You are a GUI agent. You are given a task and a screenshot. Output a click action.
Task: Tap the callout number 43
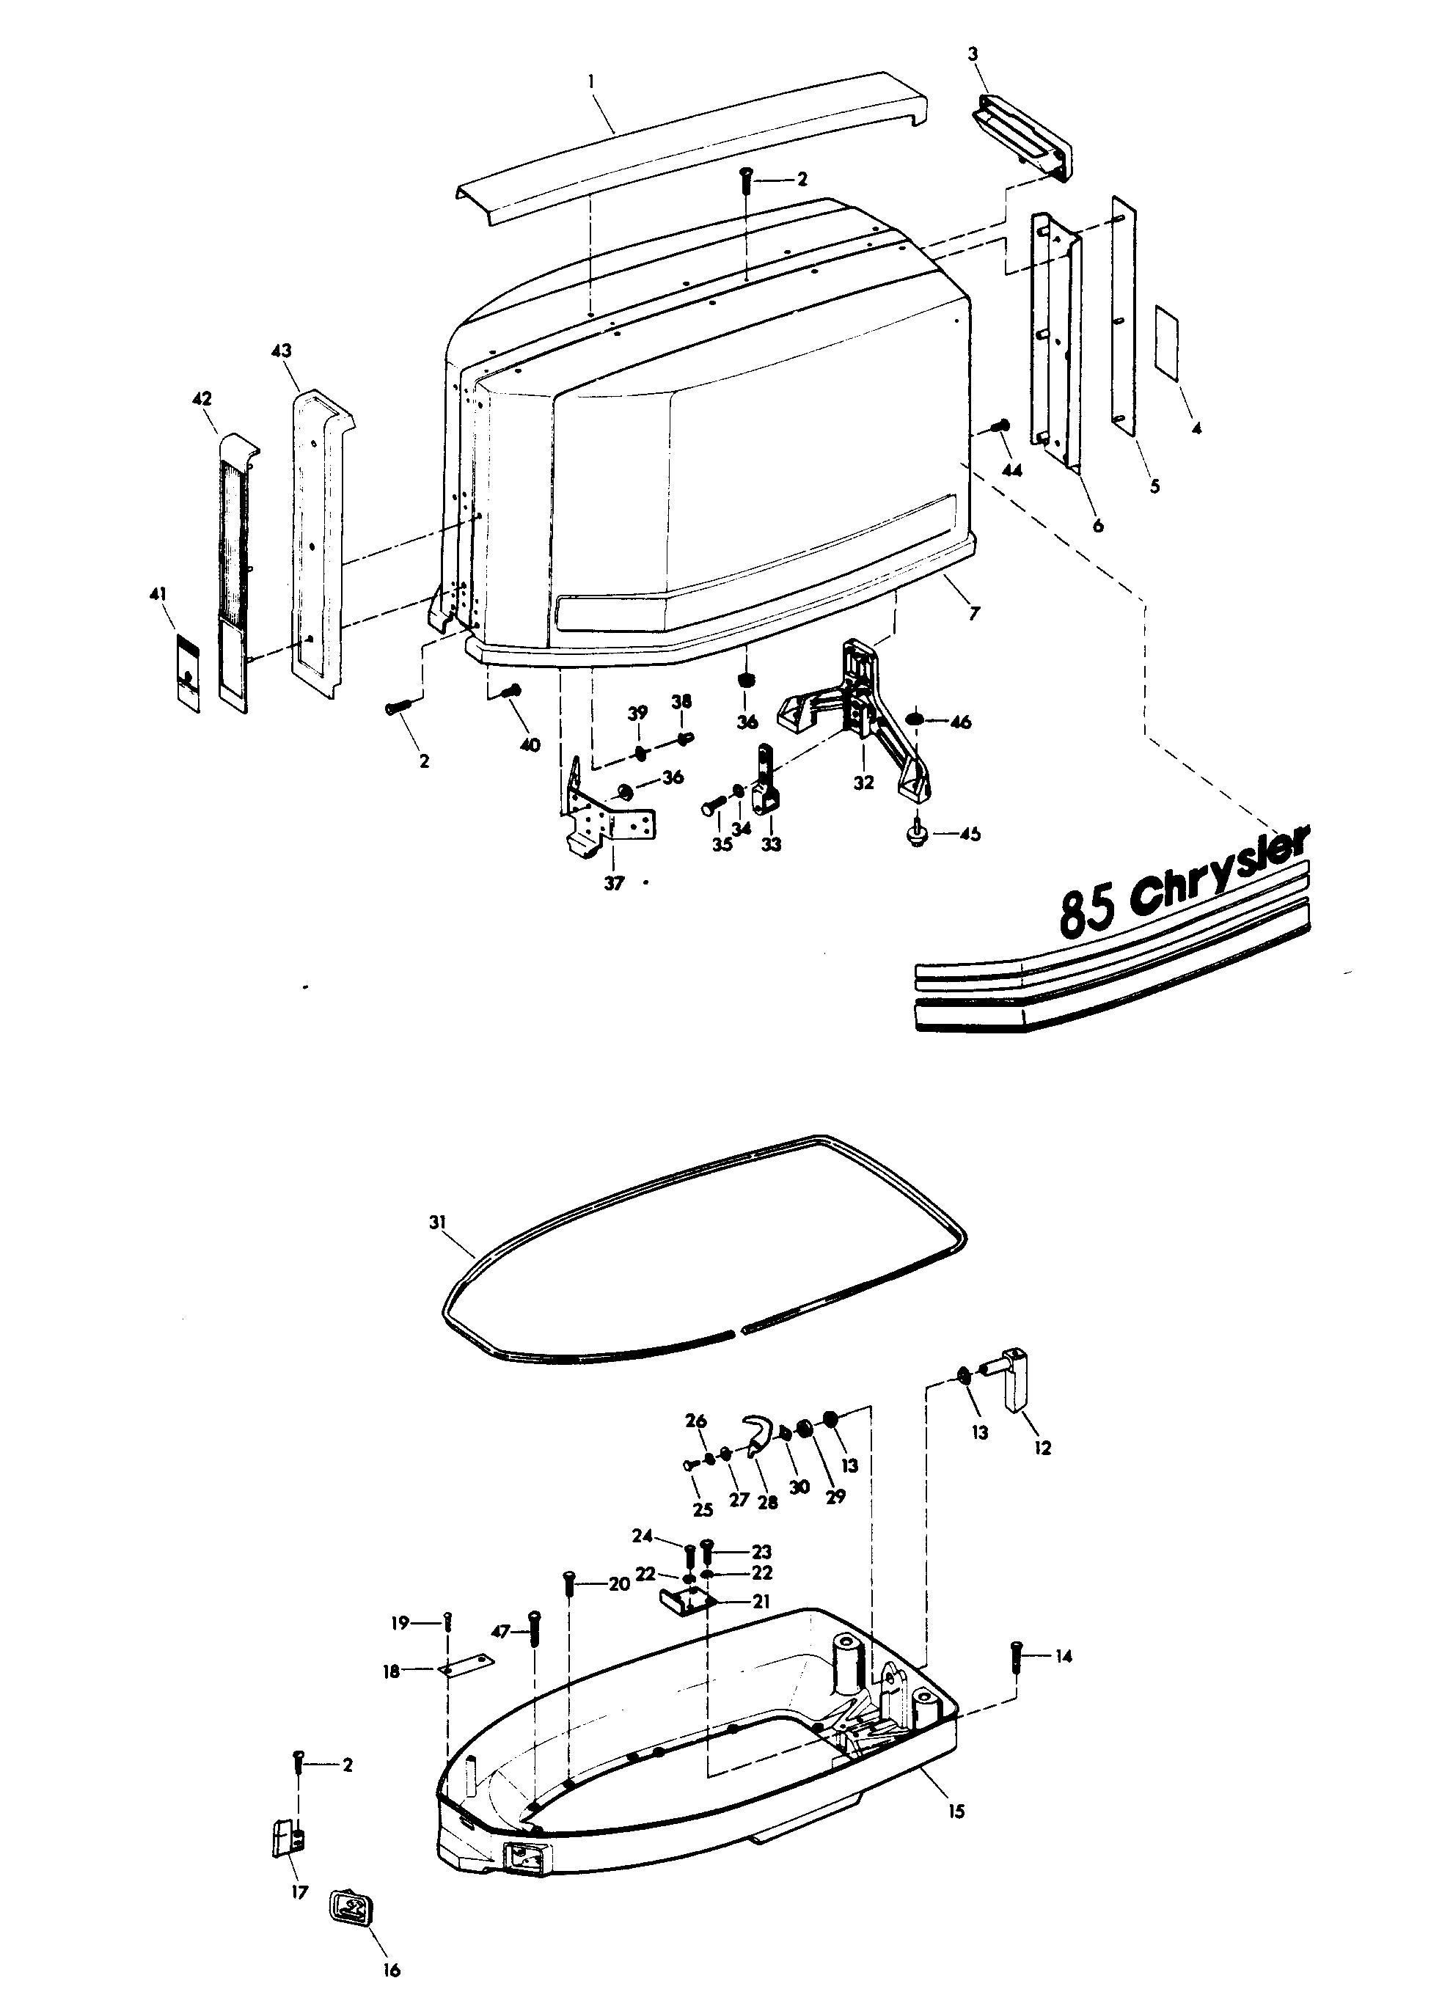tap(282, 351)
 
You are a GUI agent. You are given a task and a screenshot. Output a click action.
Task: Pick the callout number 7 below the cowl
tap(973, 614)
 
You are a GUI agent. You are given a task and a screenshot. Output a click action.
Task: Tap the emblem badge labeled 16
tap(351, 1908)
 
